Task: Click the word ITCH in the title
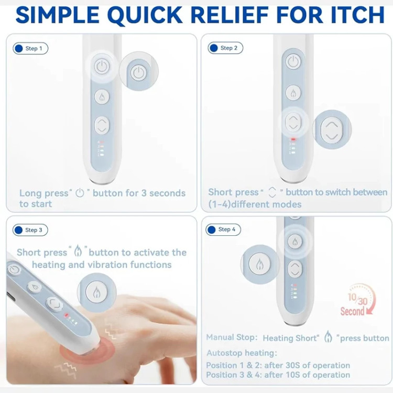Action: tap(358, 15)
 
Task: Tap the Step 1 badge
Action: tap(30, 48)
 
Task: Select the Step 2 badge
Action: tap(225, 48)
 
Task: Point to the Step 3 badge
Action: tap(30, 230)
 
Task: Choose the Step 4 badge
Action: tap(223, 230)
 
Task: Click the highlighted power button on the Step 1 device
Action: tap(102, 67)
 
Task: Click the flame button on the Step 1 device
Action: tap(102, 97)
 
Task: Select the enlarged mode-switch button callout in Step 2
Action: tap(332, 129)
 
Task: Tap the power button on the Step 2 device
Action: tap(293, 61)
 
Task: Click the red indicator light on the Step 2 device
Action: tap(293, 139)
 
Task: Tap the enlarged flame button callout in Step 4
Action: tap(260, 264)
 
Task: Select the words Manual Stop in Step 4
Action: tap(232, 337)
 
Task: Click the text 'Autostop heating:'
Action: tap(242, 353)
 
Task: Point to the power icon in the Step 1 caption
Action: tap(80, 193)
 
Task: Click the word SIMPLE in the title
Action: tap(58, 15)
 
